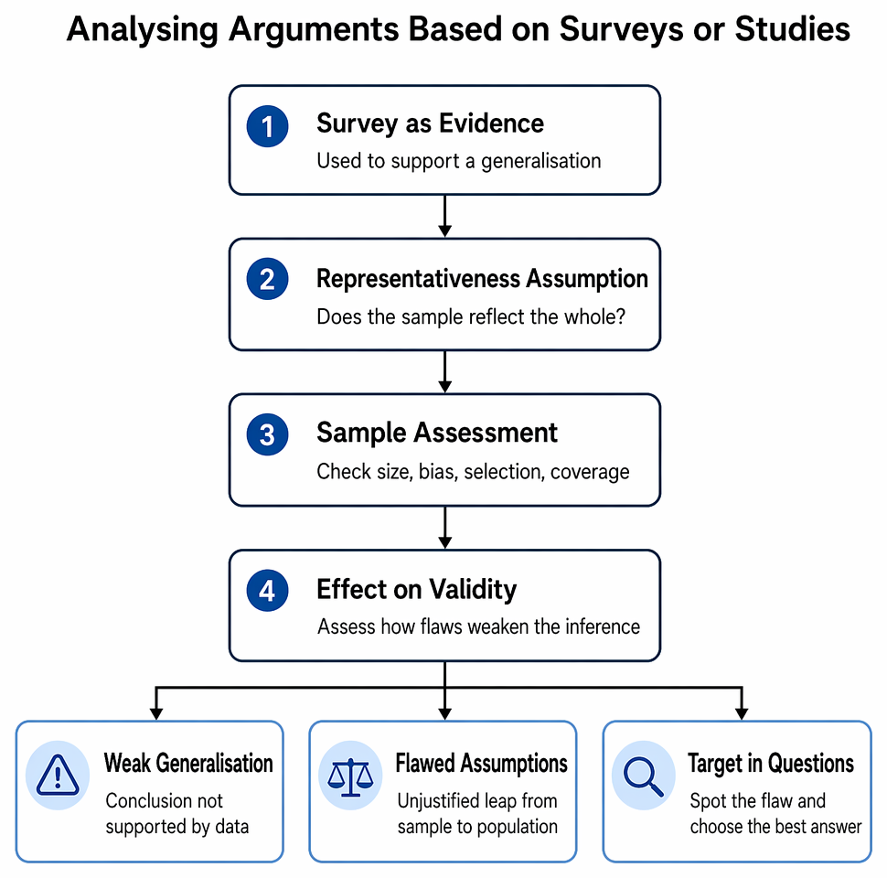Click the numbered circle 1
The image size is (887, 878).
click(x=267, y=126)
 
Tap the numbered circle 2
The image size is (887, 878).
click(x=267, y=279)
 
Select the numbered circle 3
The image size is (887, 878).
click(x=267, y=434)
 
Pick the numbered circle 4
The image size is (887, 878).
click(x=267, y=591)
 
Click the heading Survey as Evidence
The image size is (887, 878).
click(x=430, y=123)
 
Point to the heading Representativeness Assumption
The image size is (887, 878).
click(x=482, y=278)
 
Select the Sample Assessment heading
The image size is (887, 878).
click(x=437, y=433)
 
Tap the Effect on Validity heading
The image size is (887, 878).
click(x=416, y=589)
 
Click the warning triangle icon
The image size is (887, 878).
click(x=57, y=775)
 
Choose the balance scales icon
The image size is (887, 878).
click(x=351, y=776)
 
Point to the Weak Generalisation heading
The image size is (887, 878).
click(x=188, y=763)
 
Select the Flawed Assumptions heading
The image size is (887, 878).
click(x=481, y=763)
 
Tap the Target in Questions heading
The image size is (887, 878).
click(x=771, y=764)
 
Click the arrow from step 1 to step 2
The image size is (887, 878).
click(x=444, y=216)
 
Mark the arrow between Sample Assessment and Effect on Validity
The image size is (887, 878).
click(x=444, y=527)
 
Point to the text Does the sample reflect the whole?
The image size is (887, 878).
click(x=471, y=316)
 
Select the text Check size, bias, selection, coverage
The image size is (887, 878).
click(x=473, y=472)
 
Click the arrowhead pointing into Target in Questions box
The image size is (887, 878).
click(x=741, y=713)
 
